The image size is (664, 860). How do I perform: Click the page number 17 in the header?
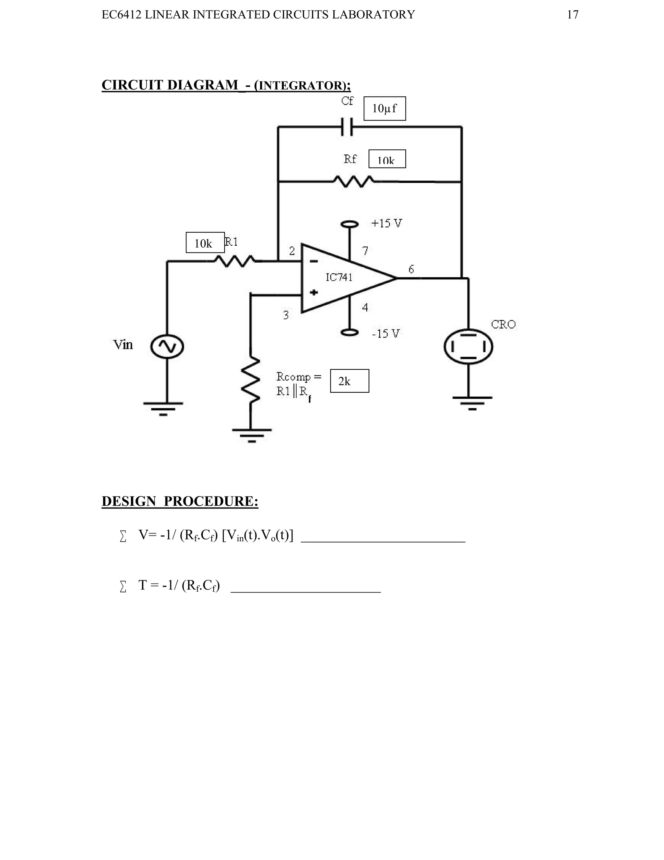coord(572,15)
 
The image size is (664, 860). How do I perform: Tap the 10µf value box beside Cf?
coord(384,108)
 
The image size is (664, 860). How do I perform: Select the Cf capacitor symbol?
coord(347,127)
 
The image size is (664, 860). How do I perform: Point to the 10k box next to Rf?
coord(387,159)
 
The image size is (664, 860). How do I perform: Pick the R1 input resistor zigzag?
coord(234,261)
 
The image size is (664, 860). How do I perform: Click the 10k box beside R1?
coord(205,242)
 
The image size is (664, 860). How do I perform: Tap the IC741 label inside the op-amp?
coord(339,277)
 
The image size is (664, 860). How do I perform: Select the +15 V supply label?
coord(387,223)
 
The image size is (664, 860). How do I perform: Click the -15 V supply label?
coord(385,334)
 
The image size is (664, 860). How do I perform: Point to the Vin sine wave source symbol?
coord(167,347)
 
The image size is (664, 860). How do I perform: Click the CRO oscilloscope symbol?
coord(468,347)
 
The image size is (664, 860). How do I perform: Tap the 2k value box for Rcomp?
coord(349,381)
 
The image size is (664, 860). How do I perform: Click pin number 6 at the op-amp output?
coord(411,269)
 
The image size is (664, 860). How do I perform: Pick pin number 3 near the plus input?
coord(286,315)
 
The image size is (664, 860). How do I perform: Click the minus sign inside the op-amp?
coord(314,261)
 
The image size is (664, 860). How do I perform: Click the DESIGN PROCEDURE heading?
coord(180,501)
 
